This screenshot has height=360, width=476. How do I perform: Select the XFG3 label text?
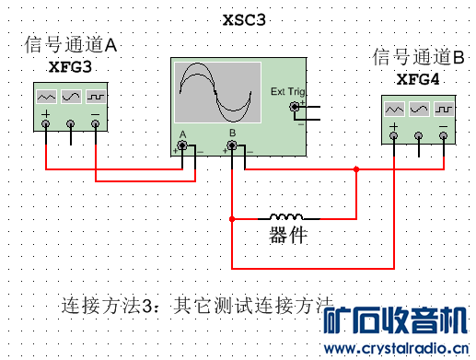tap(71, 66)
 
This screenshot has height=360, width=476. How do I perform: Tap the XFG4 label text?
tap(418, 78)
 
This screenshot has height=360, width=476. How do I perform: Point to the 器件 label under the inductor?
tap(288, 235)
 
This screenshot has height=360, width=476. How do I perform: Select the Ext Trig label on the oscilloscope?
tap(287, 91)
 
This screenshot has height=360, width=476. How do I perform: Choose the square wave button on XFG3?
tap(96, 96)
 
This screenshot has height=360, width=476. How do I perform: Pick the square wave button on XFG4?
tap(443, 108)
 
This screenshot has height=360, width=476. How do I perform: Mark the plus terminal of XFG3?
tap(46, 126)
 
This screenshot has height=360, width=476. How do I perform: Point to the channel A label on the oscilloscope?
tap(183, 134)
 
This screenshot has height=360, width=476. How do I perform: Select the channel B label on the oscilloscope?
tap(233, 134)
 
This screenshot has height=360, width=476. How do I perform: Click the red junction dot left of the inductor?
tap(232, 218)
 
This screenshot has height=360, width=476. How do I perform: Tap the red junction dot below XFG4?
tap(356, 168)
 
